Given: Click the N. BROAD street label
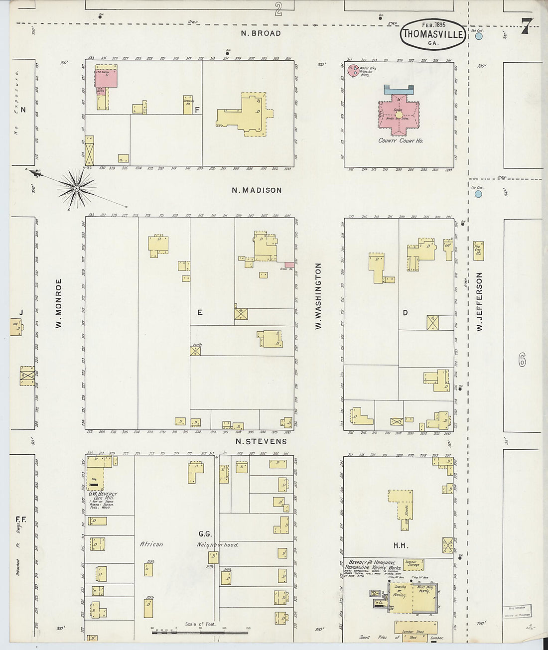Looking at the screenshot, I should [x=261, y=33].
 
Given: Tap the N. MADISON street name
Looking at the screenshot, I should [x=257, y=190].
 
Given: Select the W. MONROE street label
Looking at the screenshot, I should [x=58, y=303].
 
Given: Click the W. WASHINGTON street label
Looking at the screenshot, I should [x=318, y=296].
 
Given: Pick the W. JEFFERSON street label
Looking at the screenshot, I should [x=479, y=302].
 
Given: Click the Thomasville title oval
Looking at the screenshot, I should [x=432, y=34].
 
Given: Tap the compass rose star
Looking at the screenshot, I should [x=76, y=188].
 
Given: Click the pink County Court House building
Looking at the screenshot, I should [x=399, y=115].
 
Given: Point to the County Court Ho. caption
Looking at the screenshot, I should [x=400, y=141].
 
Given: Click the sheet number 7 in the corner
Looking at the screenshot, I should [x=526, y=26].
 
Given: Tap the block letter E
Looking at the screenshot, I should [x=199, y=312].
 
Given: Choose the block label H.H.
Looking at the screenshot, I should [x=401, y=545].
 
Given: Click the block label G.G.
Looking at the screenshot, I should [x=205, y=533].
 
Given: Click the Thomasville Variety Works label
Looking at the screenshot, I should [x=373, y=567].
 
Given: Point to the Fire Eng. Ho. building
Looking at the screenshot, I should [x=479, y=251].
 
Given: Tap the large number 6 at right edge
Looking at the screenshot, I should [x=522, y=360].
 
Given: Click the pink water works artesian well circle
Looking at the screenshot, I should [x=353, y=70].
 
